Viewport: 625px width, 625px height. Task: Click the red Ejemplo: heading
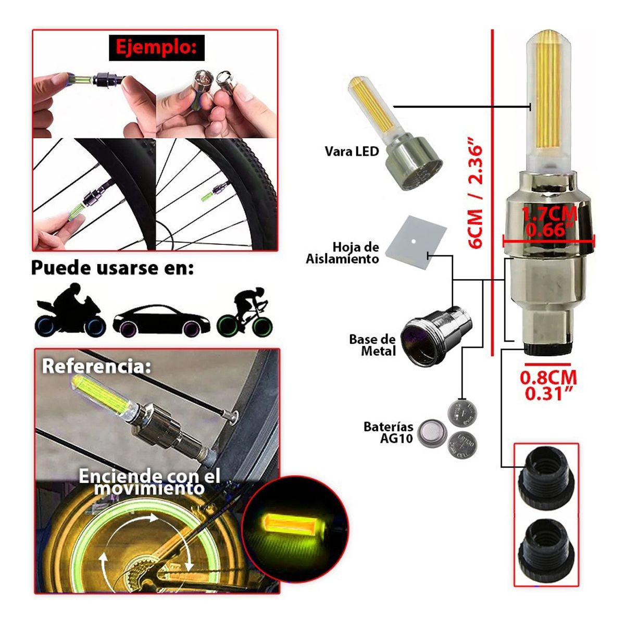point(156,48)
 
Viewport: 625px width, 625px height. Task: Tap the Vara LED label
point(352,152)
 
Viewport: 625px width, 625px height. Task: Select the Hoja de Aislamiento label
point(343,253)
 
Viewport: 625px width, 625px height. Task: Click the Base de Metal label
point(372,345)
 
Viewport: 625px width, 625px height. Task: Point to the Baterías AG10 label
point(389,432)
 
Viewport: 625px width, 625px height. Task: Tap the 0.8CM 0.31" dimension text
point(548,385)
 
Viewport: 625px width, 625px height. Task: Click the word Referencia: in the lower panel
point(96,366)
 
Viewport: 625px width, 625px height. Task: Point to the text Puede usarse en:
point(112,268)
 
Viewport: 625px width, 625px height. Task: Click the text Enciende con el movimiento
point(149,481)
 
